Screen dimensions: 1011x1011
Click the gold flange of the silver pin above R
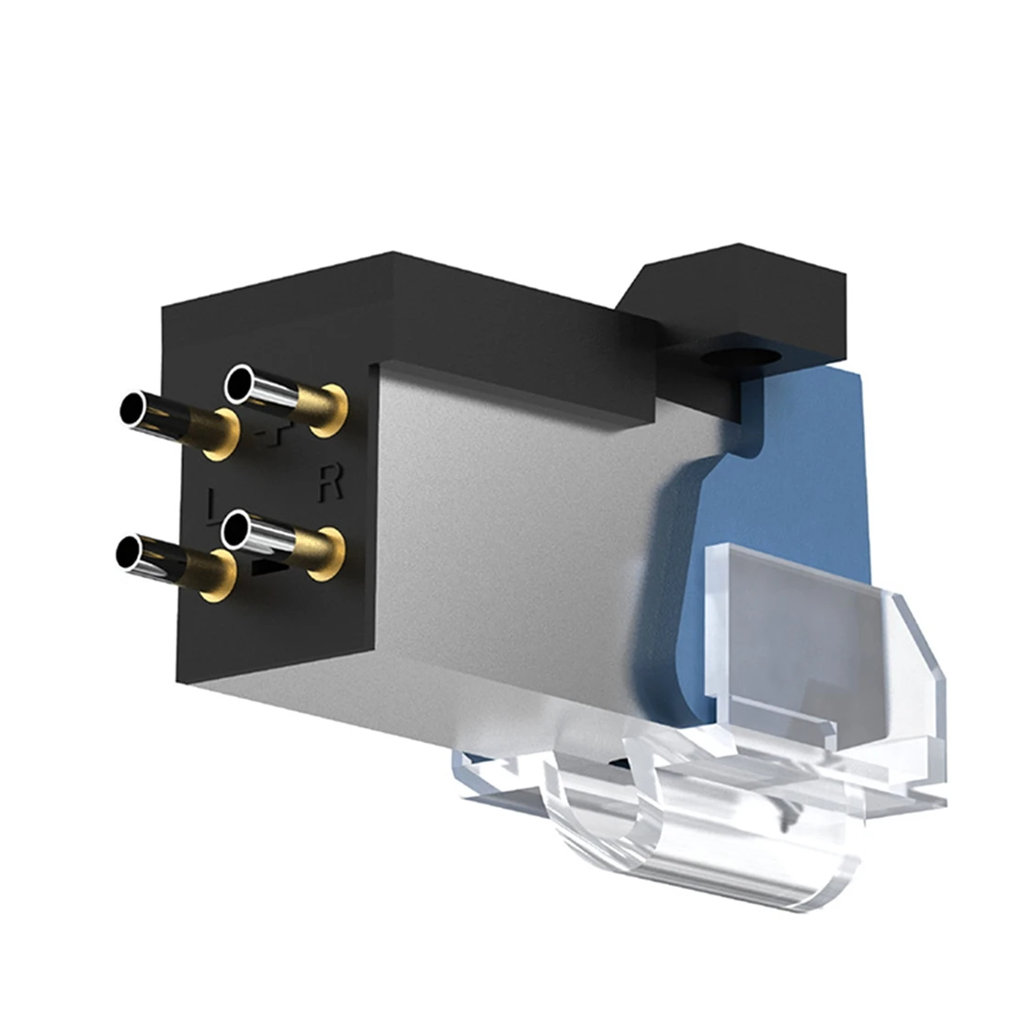click(328, 410)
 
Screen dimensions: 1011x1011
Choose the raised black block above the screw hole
click(735, 285)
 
